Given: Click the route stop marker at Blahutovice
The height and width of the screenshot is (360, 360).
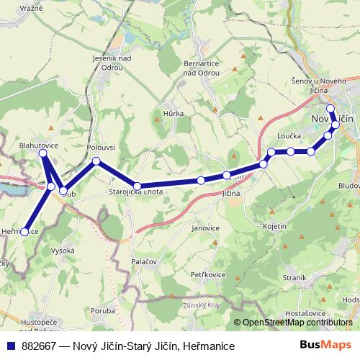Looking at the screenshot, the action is coord(43,153).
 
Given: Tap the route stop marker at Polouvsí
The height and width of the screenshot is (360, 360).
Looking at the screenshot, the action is coord(96,161).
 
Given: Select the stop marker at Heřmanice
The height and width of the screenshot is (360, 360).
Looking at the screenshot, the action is coord(24,232).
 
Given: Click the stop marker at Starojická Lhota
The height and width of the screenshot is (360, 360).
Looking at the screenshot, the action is coord(137,186).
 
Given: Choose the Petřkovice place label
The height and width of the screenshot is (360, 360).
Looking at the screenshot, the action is coord(209,274).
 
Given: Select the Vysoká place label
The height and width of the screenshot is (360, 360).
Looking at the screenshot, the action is coord(63,250).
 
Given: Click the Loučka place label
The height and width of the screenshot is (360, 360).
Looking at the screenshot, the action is coord(289,135).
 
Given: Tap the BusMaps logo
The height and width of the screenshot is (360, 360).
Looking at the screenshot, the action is coord(326,346).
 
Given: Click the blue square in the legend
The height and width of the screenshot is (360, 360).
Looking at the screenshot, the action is coord(11,346).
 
